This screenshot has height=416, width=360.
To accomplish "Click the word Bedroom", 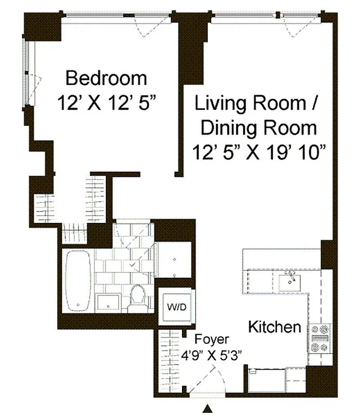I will (106, 79).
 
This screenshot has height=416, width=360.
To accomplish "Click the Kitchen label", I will (275, 327).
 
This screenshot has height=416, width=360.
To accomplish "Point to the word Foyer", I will (211, 340).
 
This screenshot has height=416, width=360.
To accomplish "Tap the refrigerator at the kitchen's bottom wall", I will (265, 381).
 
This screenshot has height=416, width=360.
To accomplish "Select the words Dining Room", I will (259, 127).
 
